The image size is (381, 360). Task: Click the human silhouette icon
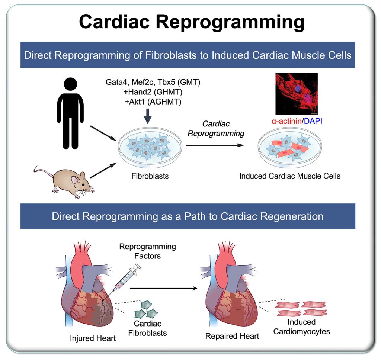point(70,112)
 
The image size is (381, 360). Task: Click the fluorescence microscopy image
point(296,94)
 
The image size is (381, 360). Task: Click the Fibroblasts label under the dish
point(150,176)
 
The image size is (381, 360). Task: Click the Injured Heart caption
point(93,338)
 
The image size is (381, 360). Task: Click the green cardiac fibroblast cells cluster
point(147,308)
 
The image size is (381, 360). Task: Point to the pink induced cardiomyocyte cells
point(301,308)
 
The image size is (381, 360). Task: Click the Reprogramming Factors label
point(147,252)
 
